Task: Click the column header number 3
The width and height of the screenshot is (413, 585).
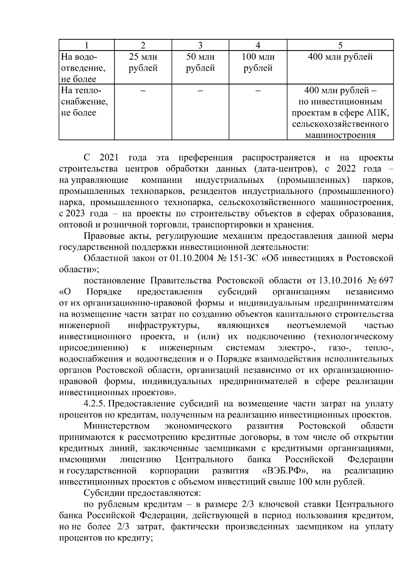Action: coord(200,45)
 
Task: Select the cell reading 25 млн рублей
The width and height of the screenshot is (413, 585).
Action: coord(143,62)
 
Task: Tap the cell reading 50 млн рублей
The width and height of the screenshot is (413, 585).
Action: coord(200,62)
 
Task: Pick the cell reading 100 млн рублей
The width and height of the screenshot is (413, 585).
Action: coord(258,62)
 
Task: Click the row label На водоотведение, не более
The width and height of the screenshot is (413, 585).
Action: coord(83,68)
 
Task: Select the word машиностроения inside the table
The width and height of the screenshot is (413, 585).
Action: coord(340,135)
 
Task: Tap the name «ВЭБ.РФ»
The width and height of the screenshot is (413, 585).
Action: coord(285,471)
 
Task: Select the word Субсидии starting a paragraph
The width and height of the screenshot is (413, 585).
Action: coord(105,493)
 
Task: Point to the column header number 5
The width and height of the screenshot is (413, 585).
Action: coord(340,45)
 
